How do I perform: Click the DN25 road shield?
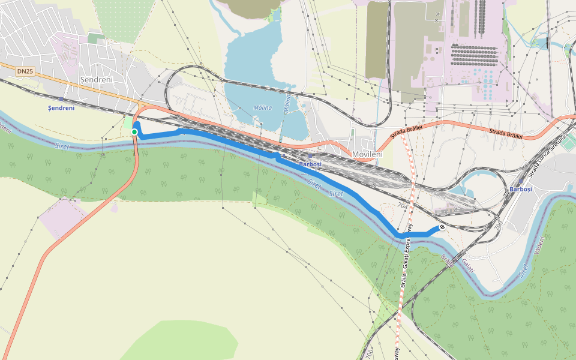click(x=25, y=71)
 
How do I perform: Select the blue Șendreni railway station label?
click(x=61, y=108)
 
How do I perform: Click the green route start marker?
click(x=134, y=132)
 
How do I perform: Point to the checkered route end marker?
click(x=442, y=227)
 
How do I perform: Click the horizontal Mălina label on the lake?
click(x=262, y=107)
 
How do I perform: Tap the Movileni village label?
click(x=367, y=155)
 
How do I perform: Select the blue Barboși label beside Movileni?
click(x=310, y=164)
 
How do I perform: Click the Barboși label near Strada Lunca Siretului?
click(x=520, y=189)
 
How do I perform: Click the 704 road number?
click(x=402, y=205)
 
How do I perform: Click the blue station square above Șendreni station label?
click(x=61, y=99)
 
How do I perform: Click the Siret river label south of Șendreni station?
click(x=62, y=146)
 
